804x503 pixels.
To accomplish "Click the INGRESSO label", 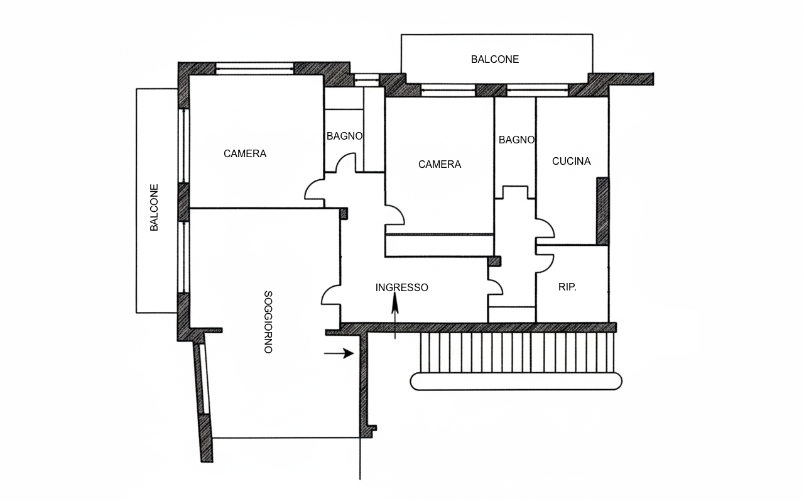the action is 401,287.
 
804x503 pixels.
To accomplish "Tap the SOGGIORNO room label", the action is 268,322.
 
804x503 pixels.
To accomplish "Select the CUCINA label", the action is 571,162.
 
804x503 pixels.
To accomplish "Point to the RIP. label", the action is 567,287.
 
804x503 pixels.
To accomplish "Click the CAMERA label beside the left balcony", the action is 245,154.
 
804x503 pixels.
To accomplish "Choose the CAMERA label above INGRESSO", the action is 439,165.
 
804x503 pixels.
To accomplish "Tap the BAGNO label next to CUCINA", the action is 516,140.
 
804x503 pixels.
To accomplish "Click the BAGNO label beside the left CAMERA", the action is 345,136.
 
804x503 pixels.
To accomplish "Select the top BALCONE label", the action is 494,59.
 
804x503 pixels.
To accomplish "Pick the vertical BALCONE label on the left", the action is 154,207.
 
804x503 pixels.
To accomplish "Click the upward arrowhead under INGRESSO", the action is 395,303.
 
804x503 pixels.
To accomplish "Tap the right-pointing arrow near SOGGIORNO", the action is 339,353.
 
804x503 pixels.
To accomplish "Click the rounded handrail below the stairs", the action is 516,382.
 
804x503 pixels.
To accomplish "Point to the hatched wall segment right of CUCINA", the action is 602,211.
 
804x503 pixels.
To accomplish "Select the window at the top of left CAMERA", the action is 254,69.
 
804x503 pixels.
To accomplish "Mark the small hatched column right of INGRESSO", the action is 494,261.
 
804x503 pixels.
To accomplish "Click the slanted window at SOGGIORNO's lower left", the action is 204,379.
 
